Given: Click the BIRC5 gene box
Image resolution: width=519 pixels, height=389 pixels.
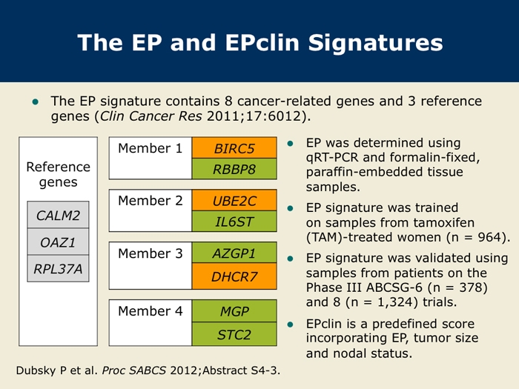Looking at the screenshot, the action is (x=234, y=148).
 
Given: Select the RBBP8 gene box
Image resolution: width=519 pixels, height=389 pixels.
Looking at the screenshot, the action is (x=234, y=169).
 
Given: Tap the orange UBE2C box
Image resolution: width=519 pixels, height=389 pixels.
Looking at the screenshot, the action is (x=234, y=201).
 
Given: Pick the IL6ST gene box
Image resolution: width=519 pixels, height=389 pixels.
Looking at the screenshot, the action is (x=234, y=222).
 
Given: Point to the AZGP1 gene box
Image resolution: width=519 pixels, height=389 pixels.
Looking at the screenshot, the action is (x=234, y=253).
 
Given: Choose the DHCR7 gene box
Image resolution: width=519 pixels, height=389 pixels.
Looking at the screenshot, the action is (x=234, y=276).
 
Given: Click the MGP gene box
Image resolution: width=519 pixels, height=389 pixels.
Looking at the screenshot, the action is (x=234, y=311).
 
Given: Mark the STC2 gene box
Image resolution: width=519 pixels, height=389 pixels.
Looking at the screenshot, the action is (x=234, y=334).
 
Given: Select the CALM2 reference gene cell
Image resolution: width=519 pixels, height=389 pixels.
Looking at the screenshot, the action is (x=58, y=215).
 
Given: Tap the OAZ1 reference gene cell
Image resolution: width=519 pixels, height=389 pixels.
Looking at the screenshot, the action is (x=58, y=242).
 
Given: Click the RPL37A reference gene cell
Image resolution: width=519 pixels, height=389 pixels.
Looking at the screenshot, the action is (x=58, y=268).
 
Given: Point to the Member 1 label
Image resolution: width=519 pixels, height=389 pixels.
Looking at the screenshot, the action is (x=151, y=148).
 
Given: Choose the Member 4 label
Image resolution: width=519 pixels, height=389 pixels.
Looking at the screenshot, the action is (x=151, y=311).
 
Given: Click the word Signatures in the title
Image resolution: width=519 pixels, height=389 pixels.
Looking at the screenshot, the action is (x=375, y=43).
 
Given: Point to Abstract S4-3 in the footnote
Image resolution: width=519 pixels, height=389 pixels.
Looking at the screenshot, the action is (x=240, y=370).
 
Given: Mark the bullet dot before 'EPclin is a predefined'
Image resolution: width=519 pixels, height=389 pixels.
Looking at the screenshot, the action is (x=291, y=325).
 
